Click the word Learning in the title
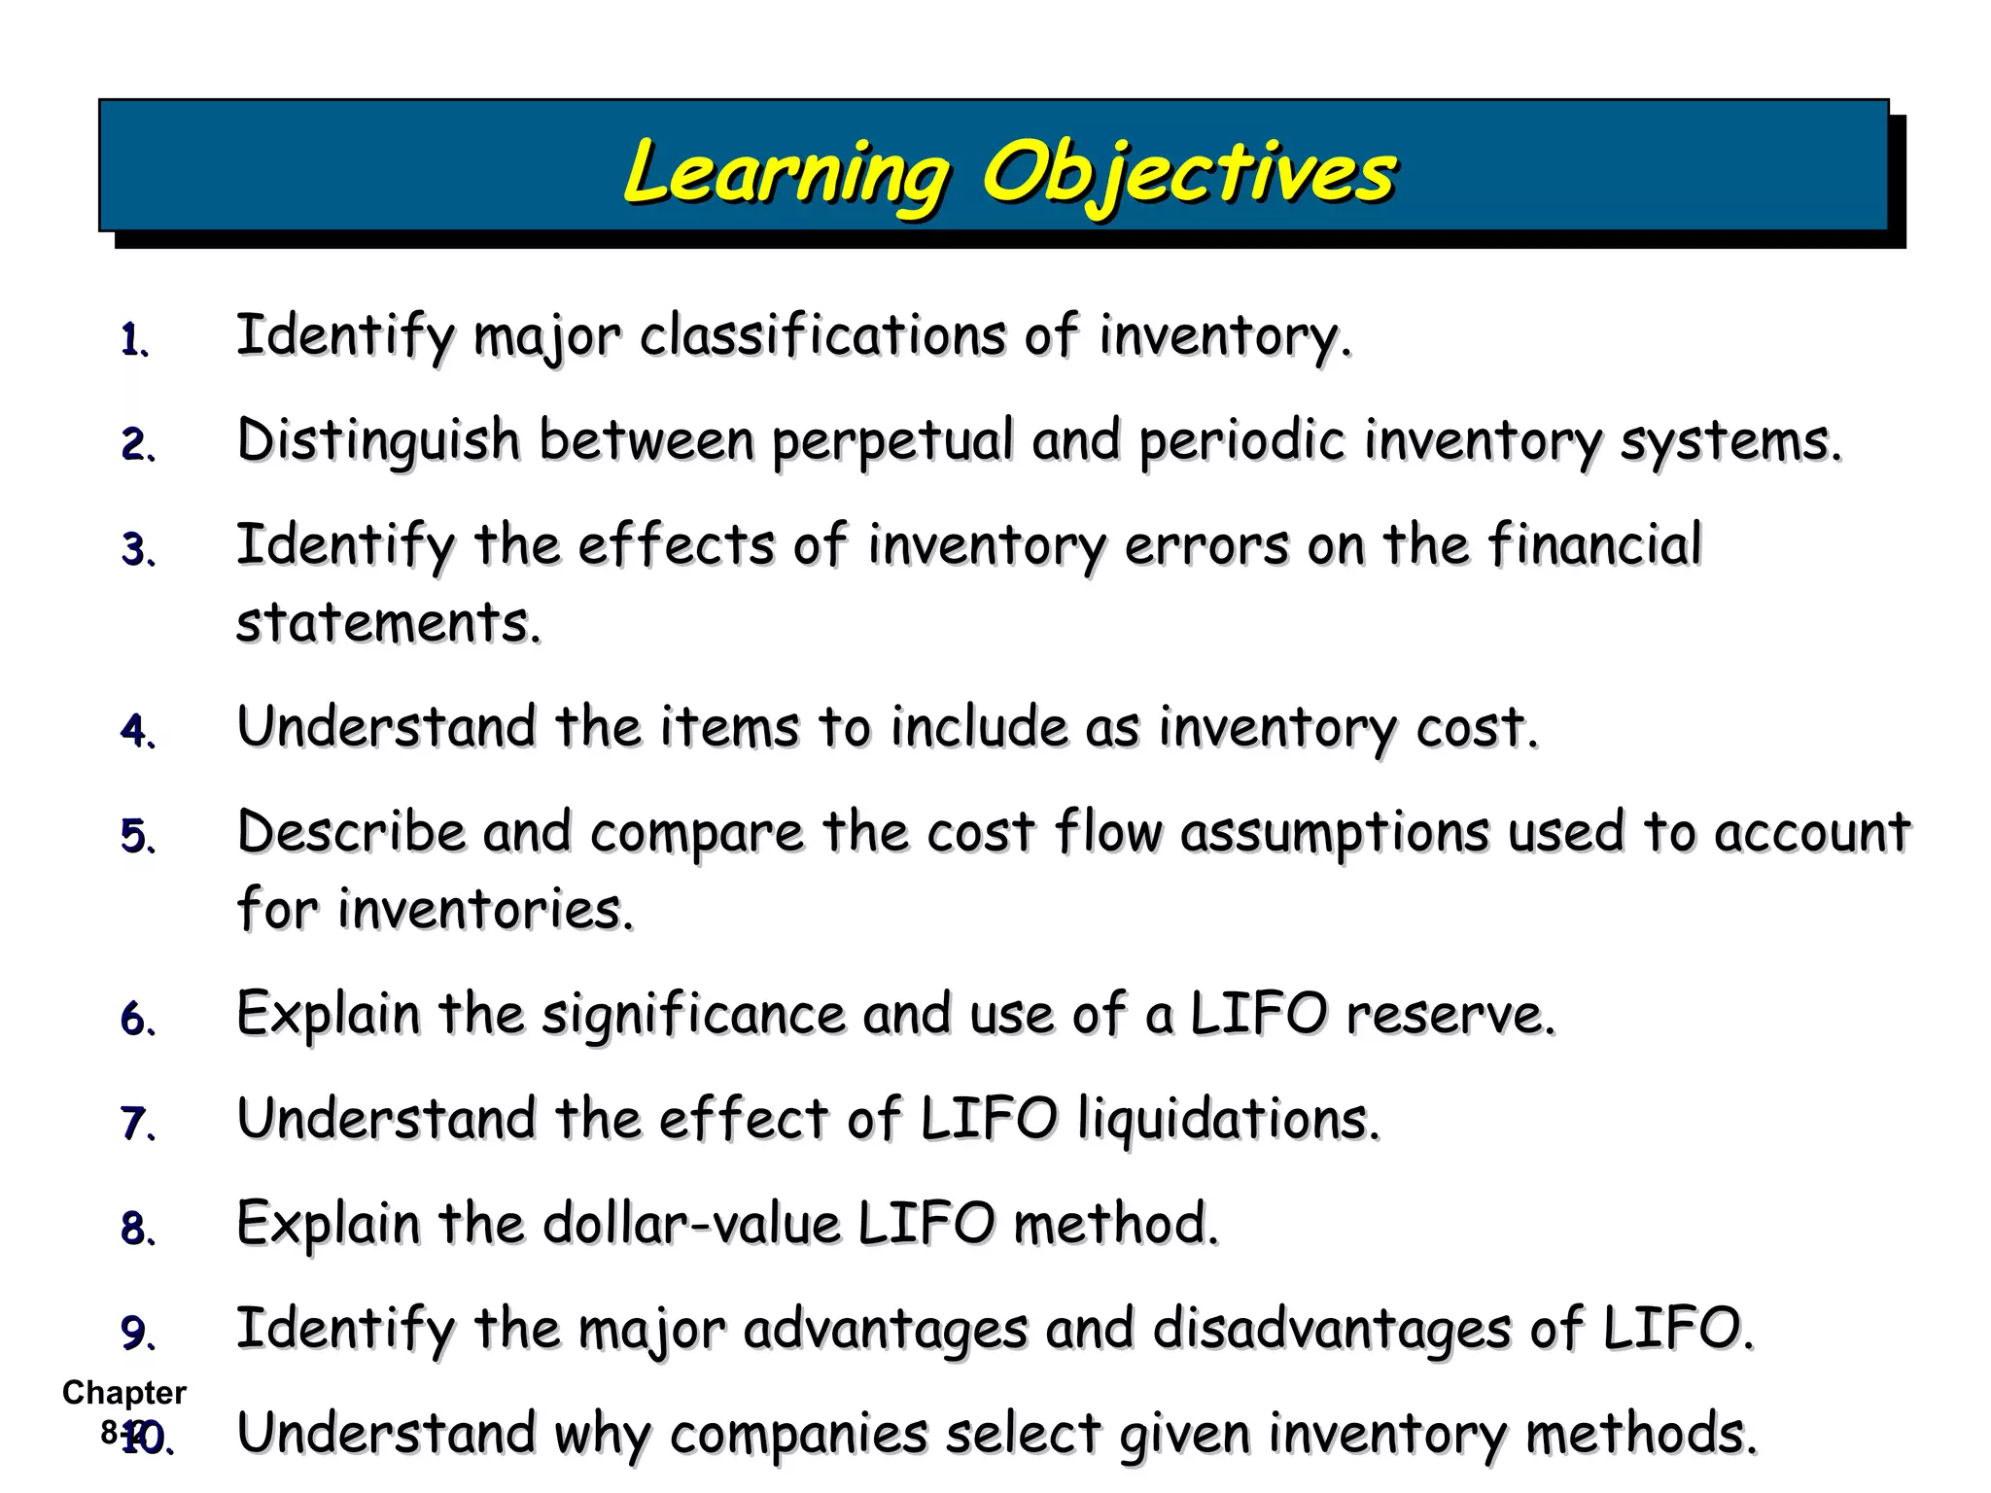click(786, 173)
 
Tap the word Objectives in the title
click(1188, 173)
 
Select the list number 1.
click(133, 341)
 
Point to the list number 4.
click(136, 732)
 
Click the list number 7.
click(136, 1124)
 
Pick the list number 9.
click(136, 1333)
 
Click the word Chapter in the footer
click(124, 1392)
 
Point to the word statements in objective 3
click(387, 622)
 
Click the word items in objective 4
click(729, 727)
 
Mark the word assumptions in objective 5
click(1334, 834)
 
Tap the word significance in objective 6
click(692, 1016)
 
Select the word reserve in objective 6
click(1450, 1016)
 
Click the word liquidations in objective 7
click(1228, 1120)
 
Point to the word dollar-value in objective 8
click(690, 1224)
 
